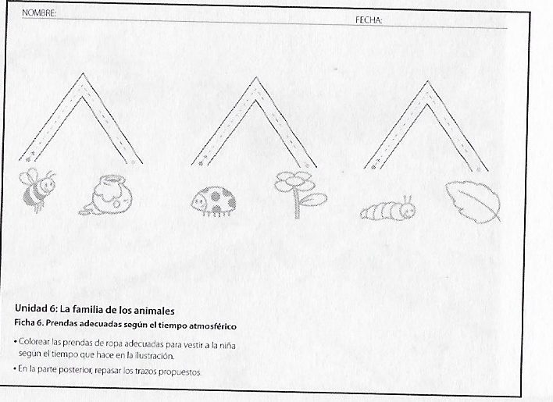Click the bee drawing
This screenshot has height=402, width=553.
click(37, 190)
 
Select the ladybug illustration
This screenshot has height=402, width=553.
click(214, 202)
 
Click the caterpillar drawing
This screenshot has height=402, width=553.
click(388, 209)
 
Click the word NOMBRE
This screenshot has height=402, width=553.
click(38, 13)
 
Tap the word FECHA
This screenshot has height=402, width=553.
click(368, 20)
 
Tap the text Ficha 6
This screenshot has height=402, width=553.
click(29, 322)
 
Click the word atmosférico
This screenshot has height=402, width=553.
click(212, 326)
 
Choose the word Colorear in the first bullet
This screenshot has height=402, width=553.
click(34, 341)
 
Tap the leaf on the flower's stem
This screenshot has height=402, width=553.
click(314, 200)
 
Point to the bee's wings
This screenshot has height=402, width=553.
click(29, 177)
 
